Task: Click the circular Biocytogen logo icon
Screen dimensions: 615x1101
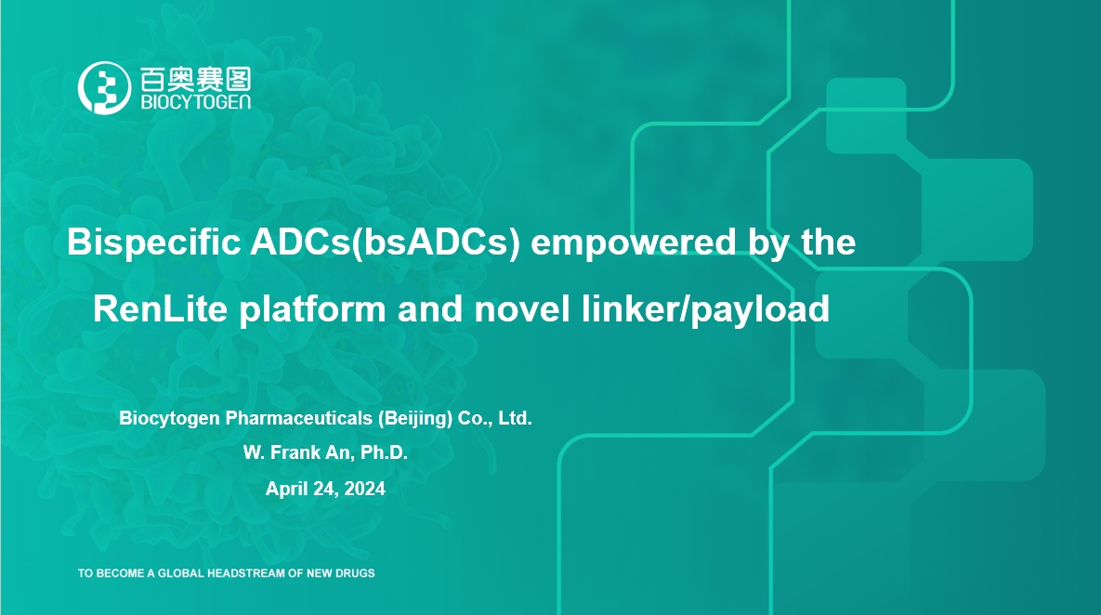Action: [102, 88]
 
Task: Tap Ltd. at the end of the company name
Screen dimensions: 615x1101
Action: [515, 418]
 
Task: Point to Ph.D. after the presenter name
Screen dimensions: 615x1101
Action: [384, 453]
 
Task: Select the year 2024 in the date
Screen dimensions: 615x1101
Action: [364, 489]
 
